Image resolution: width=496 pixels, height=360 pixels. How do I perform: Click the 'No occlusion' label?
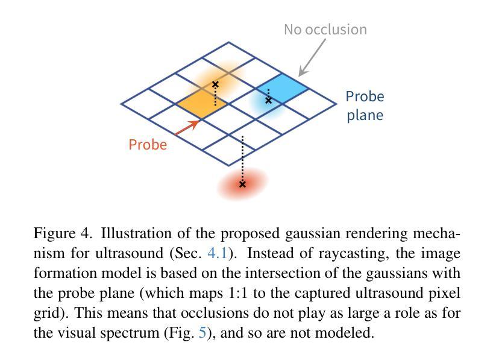point(325,30)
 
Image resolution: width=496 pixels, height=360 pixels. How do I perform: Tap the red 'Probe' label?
point(148,145)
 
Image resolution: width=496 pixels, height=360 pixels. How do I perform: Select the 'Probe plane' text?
point(365,106)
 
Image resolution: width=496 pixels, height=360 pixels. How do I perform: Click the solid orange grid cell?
point(201,104)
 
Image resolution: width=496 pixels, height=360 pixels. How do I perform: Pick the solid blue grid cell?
point(282,89)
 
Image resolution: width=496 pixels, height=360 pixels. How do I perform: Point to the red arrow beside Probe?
point(187,128)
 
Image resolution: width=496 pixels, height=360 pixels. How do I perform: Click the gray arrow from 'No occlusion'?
point(312,58)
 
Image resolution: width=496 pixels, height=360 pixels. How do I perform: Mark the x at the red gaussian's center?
point(242,184)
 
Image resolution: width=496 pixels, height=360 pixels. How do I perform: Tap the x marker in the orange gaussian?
point(215,84)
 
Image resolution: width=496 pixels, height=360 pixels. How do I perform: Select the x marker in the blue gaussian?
point(269,100)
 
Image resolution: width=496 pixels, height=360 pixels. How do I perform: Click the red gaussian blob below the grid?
point(243,184)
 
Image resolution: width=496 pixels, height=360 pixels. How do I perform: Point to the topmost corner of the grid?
point(228,42)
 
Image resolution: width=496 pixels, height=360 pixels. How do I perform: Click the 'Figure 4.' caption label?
point(63,233)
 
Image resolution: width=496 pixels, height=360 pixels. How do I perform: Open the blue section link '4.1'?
point(218,253)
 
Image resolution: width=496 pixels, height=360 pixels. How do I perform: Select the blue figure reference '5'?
point(202,333)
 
